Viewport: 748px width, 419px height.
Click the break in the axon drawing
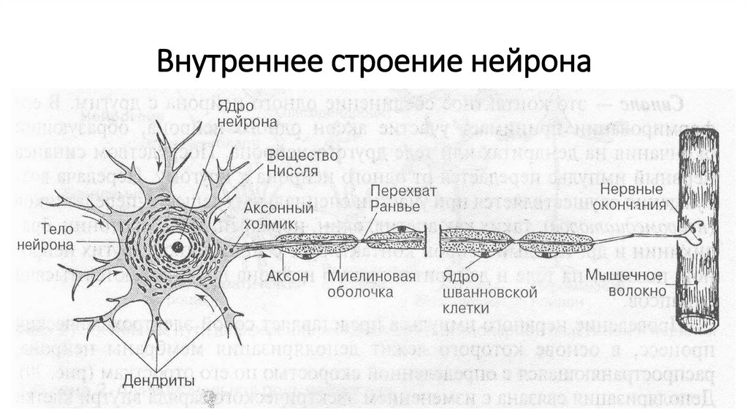[x=436, y=242]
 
